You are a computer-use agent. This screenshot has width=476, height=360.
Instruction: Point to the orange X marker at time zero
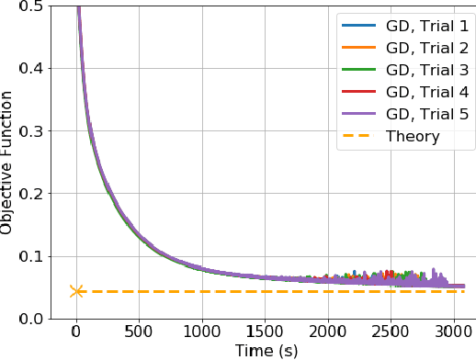click(x=77, y=291)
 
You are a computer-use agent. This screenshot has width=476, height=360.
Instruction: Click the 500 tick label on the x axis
click(x=140, y=331)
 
